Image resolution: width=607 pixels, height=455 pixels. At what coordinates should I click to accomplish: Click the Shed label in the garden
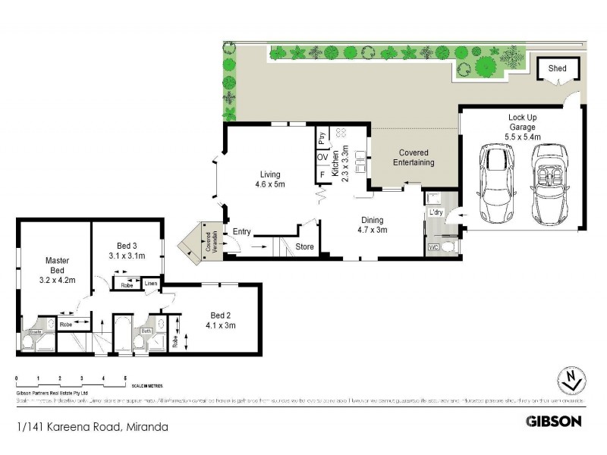(557, 68)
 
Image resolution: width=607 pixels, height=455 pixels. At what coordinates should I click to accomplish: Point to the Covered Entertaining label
(414, 158)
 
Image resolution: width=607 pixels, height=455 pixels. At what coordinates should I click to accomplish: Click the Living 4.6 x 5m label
(270, 178)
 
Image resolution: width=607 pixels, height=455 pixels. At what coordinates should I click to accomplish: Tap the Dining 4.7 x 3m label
(372, 225)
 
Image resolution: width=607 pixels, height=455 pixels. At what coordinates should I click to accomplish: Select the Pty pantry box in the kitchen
(322, 138)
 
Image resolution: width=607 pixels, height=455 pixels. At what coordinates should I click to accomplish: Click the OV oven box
(322, 157)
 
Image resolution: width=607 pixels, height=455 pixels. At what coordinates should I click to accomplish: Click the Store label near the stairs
(304, 246)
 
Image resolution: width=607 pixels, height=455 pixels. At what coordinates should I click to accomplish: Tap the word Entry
(242, 231)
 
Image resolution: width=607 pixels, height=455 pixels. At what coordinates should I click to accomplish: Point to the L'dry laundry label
(436, 212)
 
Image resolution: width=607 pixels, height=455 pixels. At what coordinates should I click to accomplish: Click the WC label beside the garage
(433, 247)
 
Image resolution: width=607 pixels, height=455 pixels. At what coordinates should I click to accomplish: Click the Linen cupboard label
(150, 284)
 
